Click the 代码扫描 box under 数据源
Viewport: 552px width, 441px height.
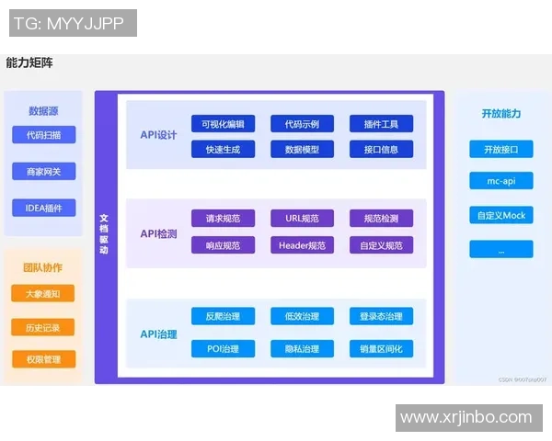tap(43, 135)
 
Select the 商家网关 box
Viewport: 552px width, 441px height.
tap(43, 171)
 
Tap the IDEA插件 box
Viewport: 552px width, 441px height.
tap(43, 208)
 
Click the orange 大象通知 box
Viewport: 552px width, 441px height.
tap(43, 293)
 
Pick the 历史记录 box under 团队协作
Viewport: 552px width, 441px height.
tap(43, 327)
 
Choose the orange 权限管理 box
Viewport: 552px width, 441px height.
tap(43, 359)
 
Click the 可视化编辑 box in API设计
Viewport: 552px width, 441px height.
tap(223, 124)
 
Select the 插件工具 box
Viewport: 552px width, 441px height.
tap(381, 124)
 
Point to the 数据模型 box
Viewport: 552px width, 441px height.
tap(302, 149)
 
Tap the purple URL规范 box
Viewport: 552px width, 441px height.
tap(302, 219)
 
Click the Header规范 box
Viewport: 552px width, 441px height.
tap(302, 245)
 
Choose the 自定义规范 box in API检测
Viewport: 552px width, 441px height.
tap(381, 245)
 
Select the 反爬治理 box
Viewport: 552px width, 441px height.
tap(223, 316)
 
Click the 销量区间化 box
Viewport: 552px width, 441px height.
tap(381, 348)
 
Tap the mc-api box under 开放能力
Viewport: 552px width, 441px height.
tap(500, 180)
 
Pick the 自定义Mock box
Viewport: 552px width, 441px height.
tap(500, 215)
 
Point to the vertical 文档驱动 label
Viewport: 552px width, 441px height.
tap(104, 234)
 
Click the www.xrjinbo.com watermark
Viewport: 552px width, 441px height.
tap(466, 417)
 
